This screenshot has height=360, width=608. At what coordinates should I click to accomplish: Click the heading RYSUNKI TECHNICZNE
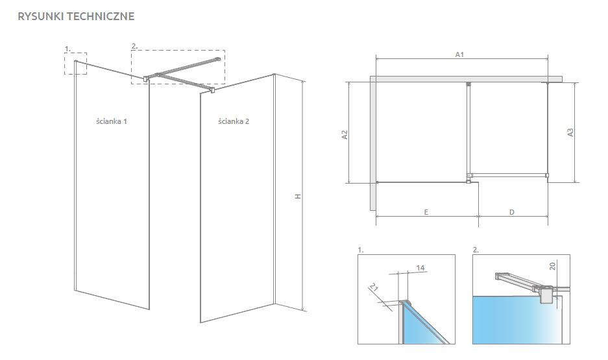[76, 16]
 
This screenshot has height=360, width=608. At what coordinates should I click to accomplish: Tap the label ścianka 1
[112, 121]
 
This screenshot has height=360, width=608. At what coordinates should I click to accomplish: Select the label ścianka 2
[234, 121]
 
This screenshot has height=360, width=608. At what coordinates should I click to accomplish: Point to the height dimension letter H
[298, 197]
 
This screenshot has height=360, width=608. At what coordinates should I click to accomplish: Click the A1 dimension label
[459, 54]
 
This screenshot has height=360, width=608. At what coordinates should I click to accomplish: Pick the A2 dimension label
[345, 134]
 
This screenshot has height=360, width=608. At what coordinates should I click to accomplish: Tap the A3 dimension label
[570, 132]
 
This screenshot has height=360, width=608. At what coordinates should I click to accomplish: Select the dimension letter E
[426, 212]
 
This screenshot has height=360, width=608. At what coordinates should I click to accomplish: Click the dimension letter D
[512, 212]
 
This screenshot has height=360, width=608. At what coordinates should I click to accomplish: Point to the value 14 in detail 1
[420, 267]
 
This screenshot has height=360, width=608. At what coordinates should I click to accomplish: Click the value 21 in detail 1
[373, 287]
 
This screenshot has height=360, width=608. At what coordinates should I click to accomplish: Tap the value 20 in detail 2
[553, 266]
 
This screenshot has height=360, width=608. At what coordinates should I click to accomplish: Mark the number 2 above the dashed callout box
[134, 46]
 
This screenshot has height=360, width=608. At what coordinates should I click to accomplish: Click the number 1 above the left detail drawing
[361, 250]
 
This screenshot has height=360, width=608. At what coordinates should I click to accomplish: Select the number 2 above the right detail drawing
[476, 250]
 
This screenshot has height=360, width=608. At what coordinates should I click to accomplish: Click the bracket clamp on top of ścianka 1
[146, 78]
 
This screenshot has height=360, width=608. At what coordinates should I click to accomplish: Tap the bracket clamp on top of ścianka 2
[212, 90]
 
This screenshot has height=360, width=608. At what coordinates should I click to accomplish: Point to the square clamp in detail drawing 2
[547, 295]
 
